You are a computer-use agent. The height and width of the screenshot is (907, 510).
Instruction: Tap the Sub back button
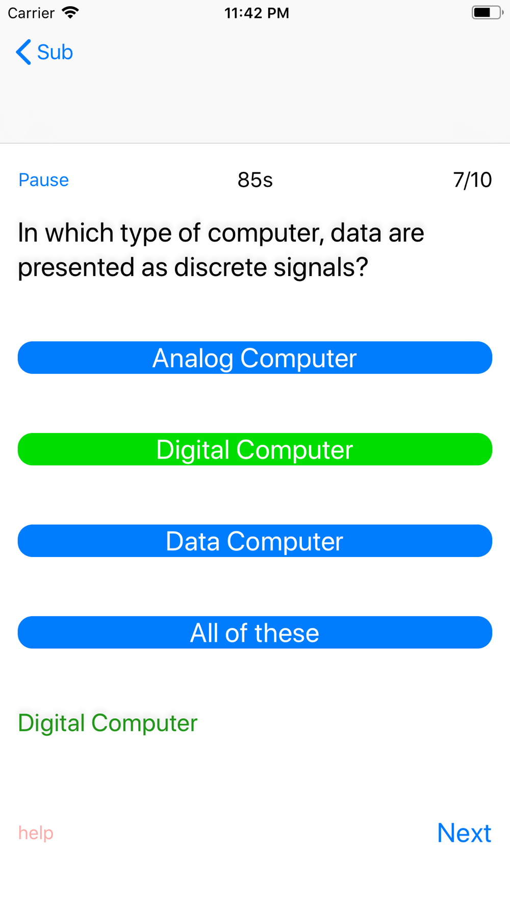coord(44,52)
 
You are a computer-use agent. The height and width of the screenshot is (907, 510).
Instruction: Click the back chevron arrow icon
coord(23,52)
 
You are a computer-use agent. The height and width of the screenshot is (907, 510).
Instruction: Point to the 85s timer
coord(255,180)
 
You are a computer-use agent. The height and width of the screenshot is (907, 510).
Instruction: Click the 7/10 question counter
coord(472,180)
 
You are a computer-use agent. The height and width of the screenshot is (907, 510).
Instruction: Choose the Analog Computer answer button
coord(255,358)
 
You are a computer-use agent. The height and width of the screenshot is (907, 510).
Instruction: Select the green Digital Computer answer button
coord(255,449)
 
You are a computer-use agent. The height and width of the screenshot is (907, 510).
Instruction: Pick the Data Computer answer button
coord(255,541)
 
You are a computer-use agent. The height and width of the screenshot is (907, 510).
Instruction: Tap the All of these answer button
coord(255,633)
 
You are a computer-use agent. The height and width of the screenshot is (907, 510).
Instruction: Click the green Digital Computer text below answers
coord(108,723)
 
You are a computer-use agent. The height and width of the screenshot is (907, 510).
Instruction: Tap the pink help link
coord(36,833)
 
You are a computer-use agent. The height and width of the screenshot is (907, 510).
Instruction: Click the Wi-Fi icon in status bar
coord(70,12)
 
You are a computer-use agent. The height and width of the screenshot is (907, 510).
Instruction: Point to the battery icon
coord(487,12)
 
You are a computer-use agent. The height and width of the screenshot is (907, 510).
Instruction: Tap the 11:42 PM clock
coord(257,13)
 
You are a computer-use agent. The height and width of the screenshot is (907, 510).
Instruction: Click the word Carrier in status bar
coord(31,13)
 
